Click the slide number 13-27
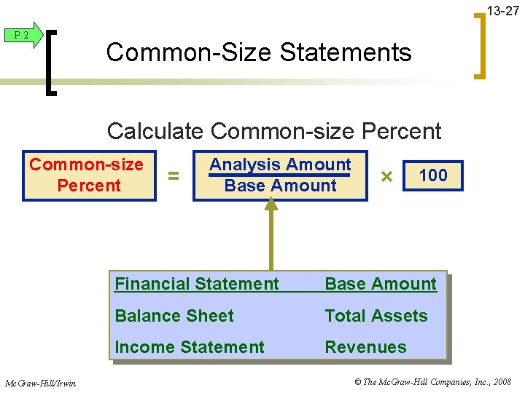pos(503,10)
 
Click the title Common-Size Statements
pos(259,52)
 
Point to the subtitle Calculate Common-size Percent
pos(274,131)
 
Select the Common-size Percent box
pos(87,175)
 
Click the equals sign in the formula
pos(174,175)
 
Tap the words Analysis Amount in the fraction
pos(280,164)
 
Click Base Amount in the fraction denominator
pos(281,186)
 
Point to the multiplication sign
pos(386,176)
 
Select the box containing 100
pos(432,175)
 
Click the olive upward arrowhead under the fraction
pos(271,206)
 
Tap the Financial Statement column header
pos(197,284)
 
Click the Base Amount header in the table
pos(381,284)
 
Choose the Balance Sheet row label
pos(174,316)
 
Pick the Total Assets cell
pos(376,316)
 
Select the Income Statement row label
pos(190,347)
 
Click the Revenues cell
pos(365,347)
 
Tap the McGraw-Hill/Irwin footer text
pos(41,382)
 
